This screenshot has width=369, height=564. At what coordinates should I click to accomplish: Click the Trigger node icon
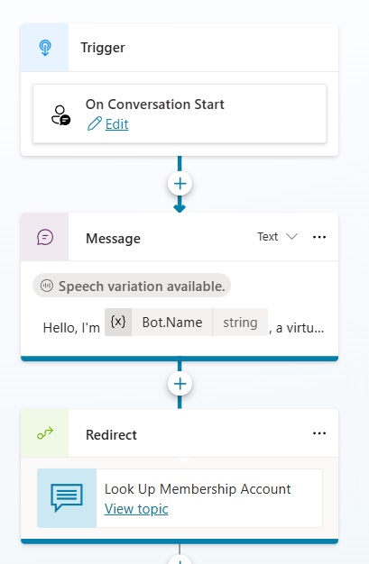pos(45,48)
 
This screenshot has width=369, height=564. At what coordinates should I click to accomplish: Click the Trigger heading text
pos(103,48)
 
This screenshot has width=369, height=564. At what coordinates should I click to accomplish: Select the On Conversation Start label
pos(155,105)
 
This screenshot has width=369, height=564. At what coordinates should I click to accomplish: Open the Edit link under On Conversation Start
pos(116,124)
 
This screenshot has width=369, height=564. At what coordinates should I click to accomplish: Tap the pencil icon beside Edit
pos(95,124)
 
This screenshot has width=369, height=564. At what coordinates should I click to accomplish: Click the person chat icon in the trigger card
pos(60,115)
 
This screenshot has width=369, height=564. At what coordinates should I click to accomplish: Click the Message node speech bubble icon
pos(45,237)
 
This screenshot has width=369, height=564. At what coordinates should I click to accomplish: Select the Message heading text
pos(113,239)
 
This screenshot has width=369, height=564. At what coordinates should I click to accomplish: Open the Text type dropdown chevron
pos(291,237)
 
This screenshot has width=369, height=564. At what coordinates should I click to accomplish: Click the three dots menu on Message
pos(319,237)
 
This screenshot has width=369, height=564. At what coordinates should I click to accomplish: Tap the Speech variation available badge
pos(132,286)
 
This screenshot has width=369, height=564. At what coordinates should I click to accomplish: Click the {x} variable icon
pos(118,322)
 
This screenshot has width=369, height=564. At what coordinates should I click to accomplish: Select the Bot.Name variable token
pos(172,323)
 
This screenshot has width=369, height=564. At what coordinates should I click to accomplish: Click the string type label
pos(240,323)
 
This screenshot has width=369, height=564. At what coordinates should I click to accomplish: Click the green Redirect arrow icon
pos(45,433)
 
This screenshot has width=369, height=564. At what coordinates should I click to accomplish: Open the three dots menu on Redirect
pos(319,433)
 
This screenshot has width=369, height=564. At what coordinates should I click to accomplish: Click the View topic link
pos(136,509)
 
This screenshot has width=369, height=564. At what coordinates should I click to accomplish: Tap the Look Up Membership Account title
pos(198,489)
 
